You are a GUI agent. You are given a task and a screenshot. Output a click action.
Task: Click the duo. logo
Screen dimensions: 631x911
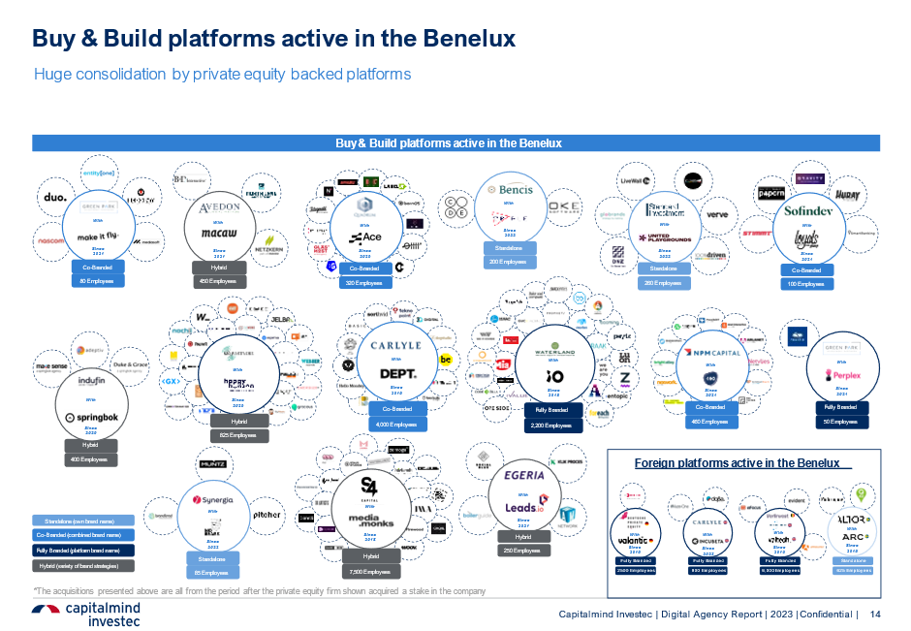click(55, 198)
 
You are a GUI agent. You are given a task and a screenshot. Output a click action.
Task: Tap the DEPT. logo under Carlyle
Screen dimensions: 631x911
click(397, 373)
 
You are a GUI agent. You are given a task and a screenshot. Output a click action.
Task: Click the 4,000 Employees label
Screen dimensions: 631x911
click(397, 424)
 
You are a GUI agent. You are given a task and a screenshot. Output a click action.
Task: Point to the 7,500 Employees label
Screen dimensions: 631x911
click(371, 571)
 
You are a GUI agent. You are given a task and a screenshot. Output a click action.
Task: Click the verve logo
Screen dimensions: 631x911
click(717, 214)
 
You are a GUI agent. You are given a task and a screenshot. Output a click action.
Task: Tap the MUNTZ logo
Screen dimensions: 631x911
click(213, 465)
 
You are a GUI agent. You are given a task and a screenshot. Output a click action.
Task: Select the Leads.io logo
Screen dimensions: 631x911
click(524, 508)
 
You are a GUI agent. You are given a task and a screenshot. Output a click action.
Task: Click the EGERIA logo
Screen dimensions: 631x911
click(524, 476)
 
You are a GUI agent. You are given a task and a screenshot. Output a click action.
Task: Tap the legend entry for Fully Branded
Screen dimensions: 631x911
click(83, 550)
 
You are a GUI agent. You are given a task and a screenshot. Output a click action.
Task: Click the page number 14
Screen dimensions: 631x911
click(876, 615)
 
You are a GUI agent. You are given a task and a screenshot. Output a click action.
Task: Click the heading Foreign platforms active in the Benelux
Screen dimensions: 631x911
click(738, 462)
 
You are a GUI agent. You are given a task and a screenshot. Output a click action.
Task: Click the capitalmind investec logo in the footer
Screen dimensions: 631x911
click(87, 615)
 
